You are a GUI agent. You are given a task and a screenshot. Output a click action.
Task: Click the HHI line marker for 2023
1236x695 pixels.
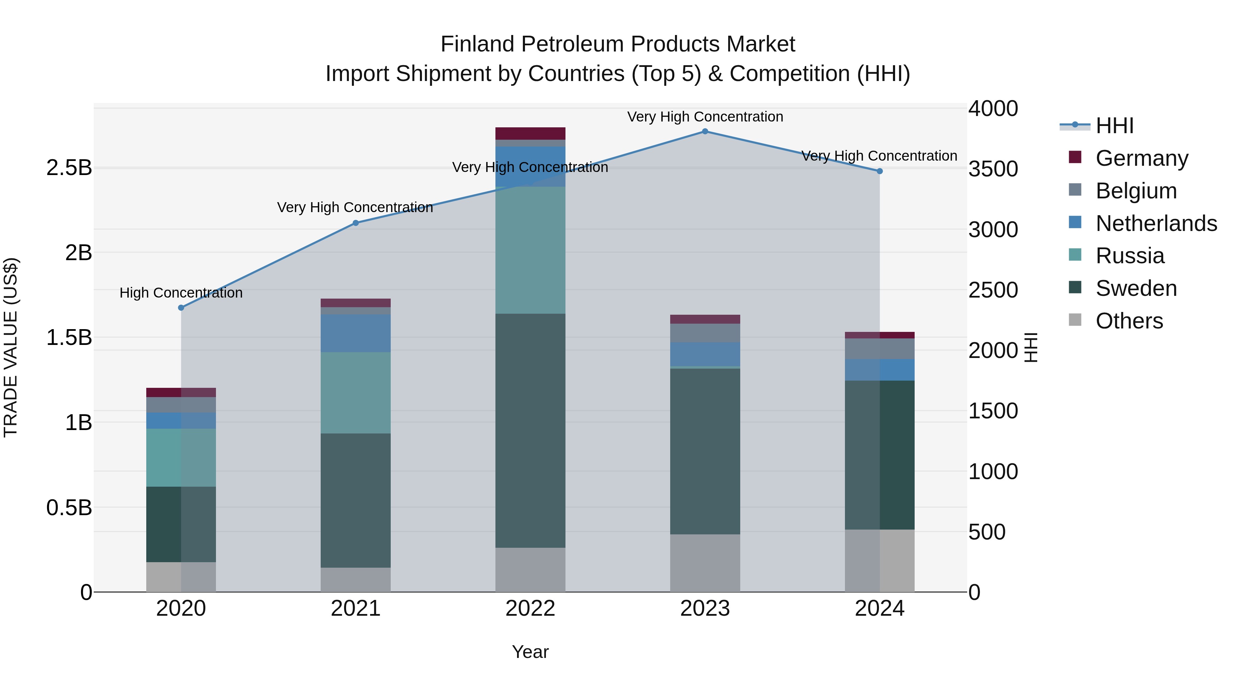705,131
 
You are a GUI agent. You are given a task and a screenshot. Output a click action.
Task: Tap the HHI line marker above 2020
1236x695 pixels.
181,308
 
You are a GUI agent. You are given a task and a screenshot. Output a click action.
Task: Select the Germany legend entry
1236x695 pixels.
1142,158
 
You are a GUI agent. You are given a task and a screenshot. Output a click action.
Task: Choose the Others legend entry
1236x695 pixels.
1129,321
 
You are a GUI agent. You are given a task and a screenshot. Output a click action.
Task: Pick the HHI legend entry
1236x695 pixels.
1114,126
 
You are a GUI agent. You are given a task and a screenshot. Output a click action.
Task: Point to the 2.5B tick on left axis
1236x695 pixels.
69,168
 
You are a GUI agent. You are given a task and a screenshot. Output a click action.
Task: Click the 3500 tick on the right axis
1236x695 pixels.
993,169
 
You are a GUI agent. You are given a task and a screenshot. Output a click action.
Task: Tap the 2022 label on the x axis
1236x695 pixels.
530,609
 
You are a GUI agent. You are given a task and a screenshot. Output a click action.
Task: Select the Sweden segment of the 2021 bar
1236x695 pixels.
356,500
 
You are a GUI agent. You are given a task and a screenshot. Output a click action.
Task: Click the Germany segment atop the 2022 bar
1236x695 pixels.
530,134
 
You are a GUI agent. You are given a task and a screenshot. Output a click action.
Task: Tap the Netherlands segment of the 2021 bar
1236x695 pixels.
356,333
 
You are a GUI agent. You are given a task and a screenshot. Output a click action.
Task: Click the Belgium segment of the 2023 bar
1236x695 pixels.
705,333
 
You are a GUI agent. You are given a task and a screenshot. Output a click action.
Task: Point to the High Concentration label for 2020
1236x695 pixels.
181,292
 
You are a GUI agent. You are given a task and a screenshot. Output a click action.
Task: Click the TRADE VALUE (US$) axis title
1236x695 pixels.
11,347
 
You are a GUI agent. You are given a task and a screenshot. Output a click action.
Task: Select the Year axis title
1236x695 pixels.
530,652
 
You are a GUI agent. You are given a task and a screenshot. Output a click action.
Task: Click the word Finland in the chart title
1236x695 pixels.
478,44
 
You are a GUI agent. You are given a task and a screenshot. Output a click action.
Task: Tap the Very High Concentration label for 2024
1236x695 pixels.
879,156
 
